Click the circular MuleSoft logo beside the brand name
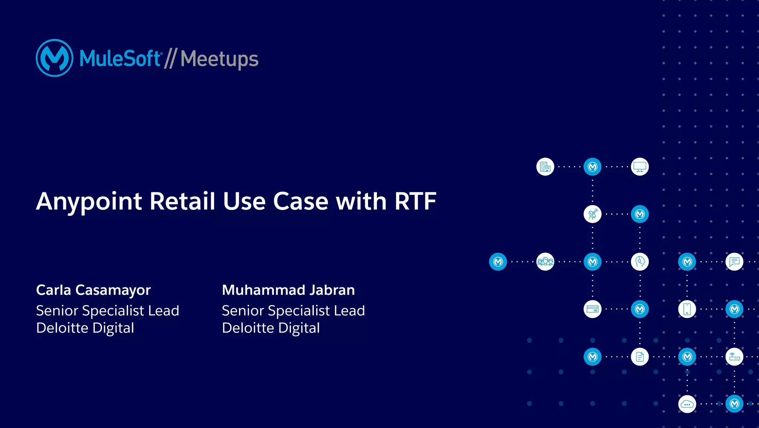click(x=54, y=58)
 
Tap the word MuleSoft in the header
click(x=120, y=59)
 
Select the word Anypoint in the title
click(x=89, y=202)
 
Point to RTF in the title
click(x=415, y=201)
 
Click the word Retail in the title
click(x=182, y=201)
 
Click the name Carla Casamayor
click(x=93, y=290)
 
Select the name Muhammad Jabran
click(x=288, y=290)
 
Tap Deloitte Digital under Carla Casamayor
click(x=85, y=328)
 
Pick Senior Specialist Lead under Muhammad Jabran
click(x=293, y=311)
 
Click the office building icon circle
click(x=545, y=167)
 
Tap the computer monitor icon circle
click(x=640, y=167)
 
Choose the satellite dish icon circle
click(x=593, y=214)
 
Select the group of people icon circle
click(x=545, y=262)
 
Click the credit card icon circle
click(x=593, y=309)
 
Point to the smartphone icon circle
click(x=687, y=309)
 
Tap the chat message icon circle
click(x=735, y=262)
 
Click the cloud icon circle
click(x=687, y=404)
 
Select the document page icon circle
click(x=640, y=357)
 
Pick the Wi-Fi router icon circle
click(x=735, y=357)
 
